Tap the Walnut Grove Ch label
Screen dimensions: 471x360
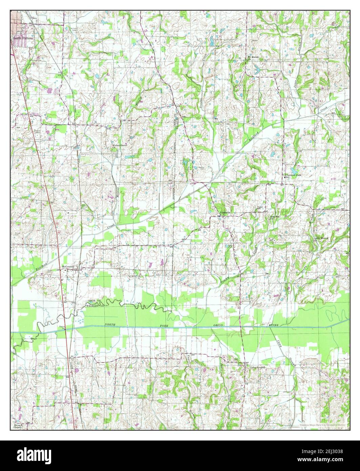[119, 146]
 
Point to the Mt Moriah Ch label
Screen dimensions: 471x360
[253, 58]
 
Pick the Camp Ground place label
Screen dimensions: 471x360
[257, 367]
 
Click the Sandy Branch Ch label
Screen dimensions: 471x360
[321, 239]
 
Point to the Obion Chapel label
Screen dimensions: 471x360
[18, 426]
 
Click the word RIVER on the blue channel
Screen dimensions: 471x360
[272, 325]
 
